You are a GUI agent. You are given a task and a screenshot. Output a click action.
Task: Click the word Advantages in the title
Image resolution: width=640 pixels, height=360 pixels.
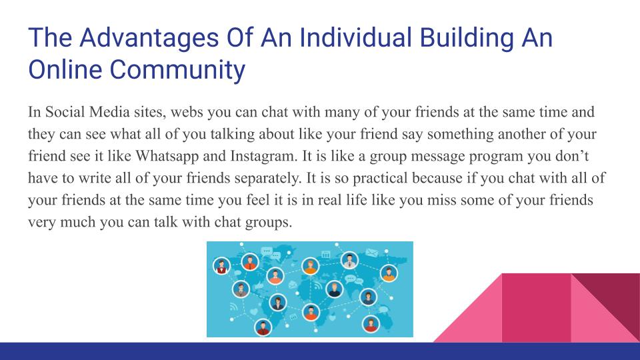tap(149, 37)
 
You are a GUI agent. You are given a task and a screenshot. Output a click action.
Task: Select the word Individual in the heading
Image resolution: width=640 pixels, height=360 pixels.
tap(355, 37)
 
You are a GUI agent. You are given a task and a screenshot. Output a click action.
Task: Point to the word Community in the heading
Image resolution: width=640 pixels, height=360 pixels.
tap(177, 70)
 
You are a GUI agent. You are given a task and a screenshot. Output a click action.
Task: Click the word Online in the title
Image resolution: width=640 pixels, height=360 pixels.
tap(65, 69)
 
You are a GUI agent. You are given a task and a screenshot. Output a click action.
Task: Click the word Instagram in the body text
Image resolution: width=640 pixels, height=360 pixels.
tap(264, 156)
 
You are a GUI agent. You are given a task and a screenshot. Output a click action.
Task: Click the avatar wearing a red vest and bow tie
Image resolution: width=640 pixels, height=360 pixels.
tap(221, 267)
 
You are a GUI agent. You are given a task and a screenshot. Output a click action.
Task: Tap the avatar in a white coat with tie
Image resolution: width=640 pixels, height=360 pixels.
tap(349, 260)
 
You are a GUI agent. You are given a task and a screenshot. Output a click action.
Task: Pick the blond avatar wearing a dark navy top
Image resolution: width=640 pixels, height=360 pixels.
tap(334, 289)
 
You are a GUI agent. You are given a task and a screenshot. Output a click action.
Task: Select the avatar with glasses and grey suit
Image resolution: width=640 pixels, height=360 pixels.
tap(241, 289)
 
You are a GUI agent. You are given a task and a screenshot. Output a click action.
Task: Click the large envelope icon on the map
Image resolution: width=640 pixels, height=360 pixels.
tap(371, 253)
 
